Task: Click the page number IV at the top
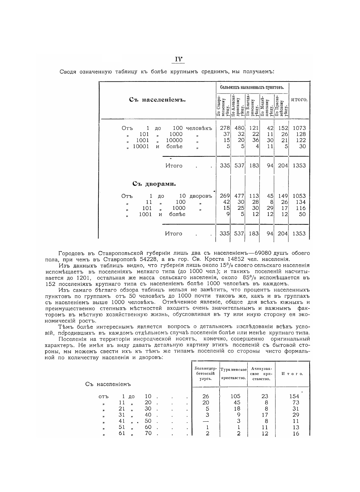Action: [179, 59]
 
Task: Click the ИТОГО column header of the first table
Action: [299, 100]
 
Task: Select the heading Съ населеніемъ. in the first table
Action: [157, 100]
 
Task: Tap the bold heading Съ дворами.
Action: [154, 184]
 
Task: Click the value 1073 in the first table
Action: [299, 128]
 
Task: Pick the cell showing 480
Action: [239, 128]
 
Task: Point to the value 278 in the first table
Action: [225, 128]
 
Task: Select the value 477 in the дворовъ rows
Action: [239, 196]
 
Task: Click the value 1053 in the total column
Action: [299, 196]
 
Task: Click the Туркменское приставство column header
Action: [233, 374]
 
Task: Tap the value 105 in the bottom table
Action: [235, 396]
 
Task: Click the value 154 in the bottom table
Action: [294, 396]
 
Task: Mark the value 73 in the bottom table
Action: [296, 402]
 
